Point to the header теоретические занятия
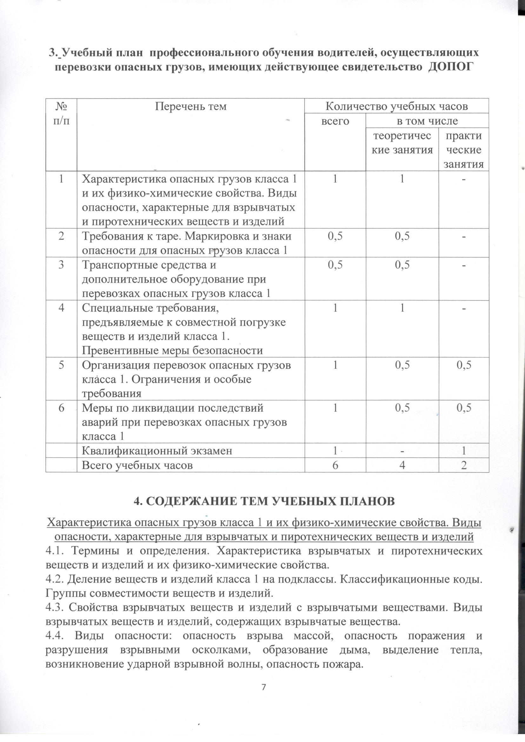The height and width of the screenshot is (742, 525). tap(402, 143)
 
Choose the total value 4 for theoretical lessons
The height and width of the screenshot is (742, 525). tap(402, 465)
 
